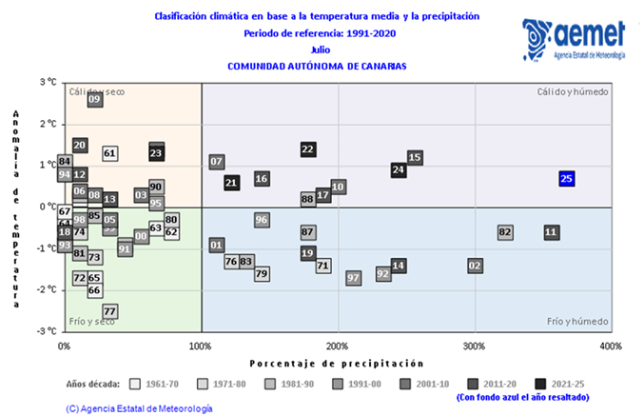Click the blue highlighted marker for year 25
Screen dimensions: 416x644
click(566, 178)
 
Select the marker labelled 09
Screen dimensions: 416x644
click(94, 99)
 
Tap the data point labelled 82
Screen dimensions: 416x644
click(505, 232)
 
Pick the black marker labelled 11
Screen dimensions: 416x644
click(552, 232)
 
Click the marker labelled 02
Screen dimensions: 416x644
click(475, 266)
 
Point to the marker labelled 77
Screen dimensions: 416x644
click(109, 311)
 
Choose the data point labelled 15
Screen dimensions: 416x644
click(415, 157)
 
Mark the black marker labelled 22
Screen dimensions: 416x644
click(307, 149)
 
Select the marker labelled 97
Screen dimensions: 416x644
click(353, 278)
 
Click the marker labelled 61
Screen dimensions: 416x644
click(109, 153)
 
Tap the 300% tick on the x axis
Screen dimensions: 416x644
click(475, 345)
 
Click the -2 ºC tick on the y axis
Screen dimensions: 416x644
click(47, 289)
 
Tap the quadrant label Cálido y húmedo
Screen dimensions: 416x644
click(572, 91)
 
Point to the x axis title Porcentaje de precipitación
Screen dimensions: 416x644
click(336, 364)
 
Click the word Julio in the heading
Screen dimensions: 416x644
click(319, 50)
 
